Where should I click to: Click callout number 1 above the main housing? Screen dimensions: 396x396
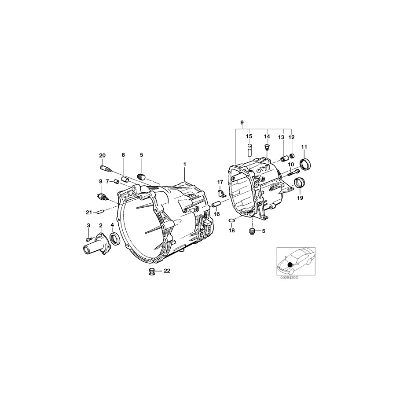(x=185, y=164)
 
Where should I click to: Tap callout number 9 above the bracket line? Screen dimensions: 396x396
(x=242, y=122)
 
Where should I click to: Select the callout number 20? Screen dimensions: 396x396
(x=102, y=155)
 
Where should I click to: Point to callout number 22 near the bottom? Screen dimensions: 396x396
(x=166, y=271)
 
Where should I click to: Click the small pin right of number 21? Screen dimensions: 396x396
(x=100, y=212)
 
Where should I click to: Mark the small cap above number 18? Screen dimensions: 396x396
(x=232, y=220)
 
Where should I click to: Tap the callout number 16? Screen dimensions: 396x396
(x=216, y=214)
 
